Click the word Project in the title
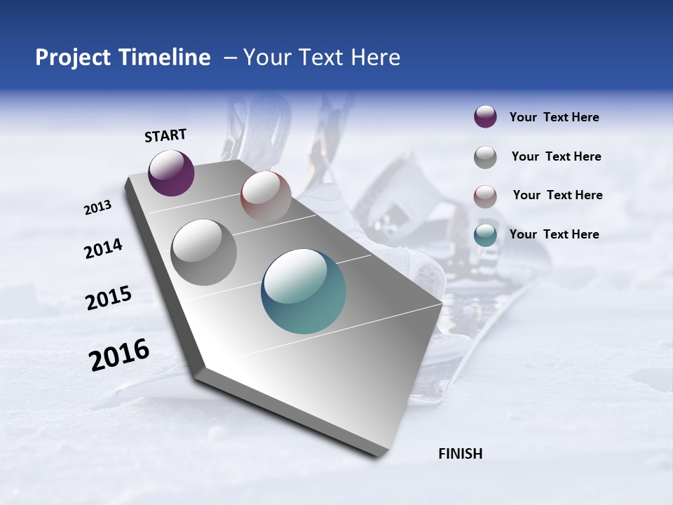[73, 58]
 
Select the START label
[165, 135]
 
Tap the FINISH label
[460, 454]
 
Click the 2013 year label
[98, 208]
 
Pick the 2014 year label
[103, 248]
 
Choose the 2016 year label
[119, 355]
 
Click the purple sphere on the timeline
[171, 173]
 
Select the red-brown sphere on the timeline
[266, 196]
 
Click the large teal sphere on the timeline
[304, 291]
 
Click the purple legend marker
[485, 117]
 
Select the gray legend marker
[485, 156]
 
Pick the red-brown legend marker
[485, 196]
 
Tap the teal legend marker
[485, 234]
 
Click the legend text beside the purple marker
[554, 118]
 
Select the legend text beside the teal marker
[554, 234]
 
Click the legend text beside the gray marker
[556, 156]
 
